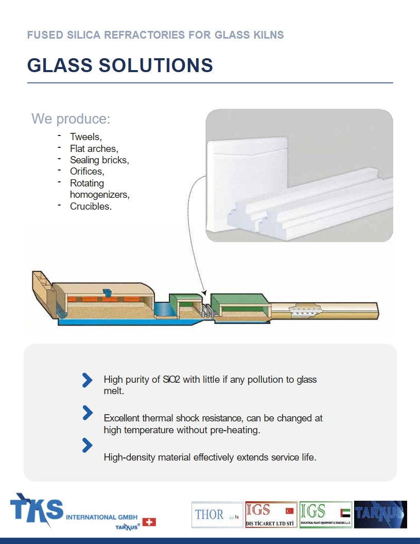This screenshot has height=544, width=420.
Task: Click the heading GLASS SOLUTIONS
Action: [120, 65]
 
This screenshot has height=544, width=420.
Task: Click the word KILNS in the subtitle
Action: [268, 35]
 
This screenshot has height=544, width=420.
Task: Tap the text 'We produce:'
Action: [71, 118]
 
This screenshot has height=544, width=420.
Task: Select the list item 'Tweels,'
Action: [86, 137]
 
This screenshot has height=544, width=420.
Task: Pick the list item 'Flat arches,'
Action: [94, 149]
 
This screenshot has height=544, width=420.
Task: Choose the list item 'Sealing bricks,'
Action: [99, 160]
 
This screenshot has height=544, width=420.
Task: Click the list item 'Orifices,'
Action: [87, 172]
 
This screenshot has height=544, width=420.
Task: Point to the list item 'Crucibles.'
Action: [91, 207]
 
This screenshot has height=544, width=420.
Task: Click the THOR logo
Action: [217, 514]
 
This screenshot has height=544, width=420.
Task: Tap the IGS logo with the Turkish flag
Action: [271, 514]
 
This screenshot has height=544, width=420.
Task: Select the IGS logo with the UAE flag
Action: [326, 514]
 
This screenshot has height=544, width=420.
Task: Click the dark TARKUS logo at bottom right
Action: [380, 514]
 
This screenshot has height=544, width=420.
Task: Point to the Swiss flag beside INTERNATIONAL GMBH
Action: [149, 522]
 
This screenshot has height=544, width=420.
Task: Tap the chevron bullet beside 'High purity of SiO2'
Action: [87, 380]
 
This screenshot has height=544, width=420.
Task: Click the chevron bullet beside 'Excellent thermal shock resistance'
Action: [87, 413]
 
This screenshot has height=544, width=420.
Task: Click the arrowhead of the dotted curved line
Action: [204, 293]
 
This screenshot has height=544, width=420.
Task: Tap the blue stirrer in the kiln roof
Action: [107, 293]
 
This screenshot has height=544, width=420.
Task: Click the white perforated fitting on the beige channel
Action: [306, 310]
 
